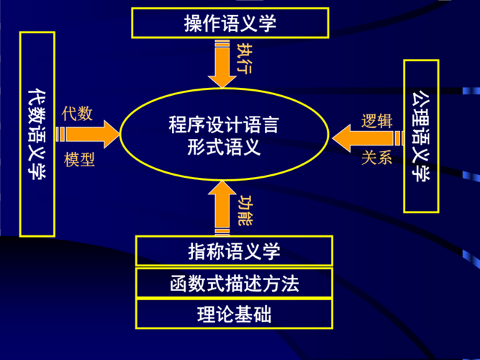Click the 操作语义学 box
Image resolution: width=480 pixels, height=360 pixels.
[x=230, y=23]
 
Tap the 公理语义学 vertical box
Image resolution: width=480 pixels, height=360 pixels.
[x=421, y=137]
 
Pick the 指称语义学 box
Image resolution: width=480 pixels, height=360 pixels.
[x=234, y=251]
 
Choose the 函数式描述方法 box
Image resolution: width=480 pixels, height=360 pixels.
[x=234, y=283]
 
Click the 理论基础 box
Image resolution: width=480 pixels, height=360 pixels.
[x=234, y=314]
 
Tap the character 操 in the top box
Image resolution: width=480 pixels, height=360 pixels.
[x=194, y=23]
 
